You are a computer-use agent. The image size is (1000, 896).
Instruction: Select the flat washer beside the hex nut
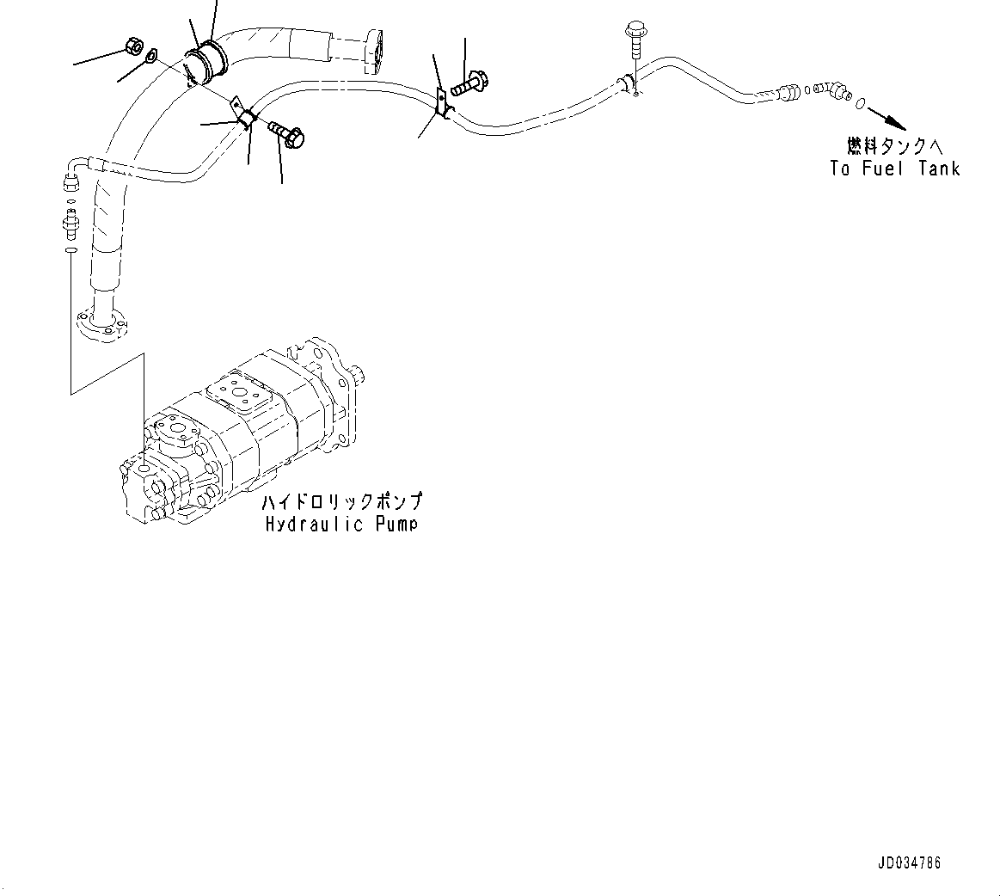coord(151,57)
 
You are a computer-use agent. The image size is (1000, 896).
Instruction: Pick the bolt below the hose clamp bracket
coord(286,132)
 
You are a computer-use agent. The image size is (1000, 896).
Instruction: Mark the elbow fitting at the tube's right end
coord(833,89)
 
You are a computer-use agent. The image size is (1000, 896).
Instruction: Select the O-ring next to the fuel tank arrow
coord(860,103)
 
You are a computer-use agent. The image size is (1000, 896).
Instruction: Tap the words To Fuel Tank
coord(894,168)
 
